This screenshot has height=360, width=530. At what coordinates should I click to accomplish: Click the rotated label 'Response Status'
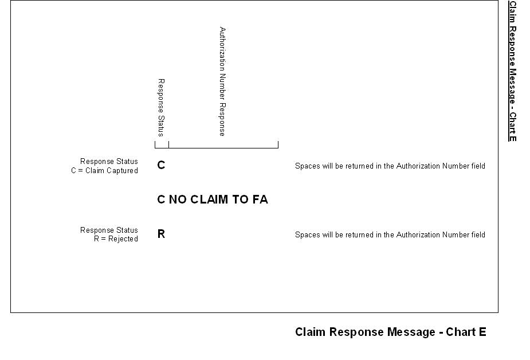tap(161, 108)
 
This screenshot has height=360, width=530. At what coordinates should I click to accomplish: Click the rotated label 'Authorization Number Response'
tap(222, 81)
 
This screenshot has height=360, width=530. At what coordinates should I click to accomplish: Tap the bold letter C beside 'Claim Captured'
tap(161, 166)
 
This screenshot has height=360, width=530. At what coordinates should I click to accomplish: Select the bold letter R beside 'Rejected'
tap(161, 234)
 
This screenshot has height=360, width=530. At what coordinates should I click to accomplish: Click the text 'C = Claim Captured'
tap(104, 171)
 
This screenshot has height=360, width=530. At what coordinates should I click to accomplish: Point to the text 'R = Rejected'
tap(116, 239)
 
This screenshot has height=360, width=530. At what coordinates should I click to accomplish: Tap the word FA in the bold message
tap(260, 199)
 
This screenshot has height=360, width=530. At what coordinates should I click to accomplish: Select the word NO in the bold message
tap(178, 199)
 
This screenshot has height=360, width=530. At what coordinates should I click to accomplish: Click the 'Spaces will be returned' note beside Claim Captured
tap(390, 166)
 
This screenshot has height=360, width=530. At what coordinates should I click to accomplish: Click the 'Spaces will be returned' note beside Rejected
tap(390, 235)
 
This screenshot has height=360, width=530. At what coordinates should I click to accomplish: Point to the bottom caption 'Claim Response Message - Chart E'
tap(390, 332)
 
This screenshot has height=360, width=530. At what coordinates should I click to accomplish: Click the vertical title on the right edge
tap(513, 71)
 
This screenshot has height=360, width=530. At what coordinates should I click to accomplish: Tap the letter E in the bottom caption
tap(482, 332)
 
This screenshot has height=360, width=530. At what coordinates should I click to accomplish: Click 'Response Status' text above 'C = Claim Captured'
tap(109, 162)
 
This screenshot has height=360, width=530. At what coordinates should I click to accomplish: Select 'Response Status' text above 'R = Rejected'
tap(109, 230)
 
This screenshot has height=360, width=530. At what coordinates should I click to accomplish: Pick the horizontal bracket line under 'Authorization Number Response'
tap(223, 148)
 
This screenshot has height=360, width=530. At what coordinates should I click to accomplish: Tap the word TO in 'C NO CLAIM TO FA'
tap(240, 199)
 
